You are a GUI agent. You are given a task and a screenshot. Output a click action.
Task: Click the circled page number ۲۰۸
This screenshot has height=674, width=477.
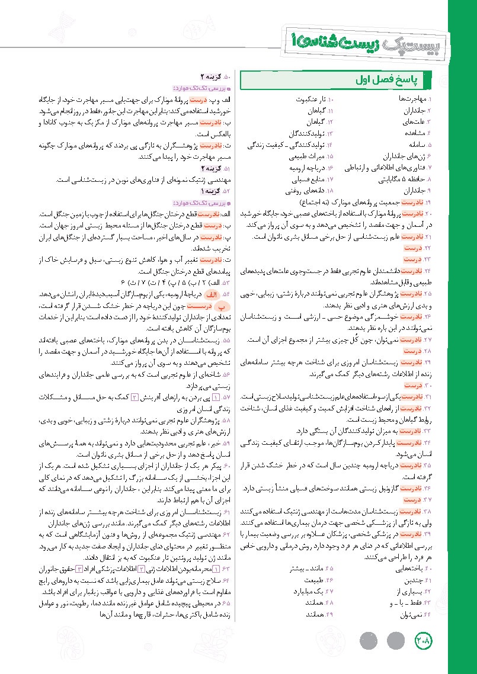tap(424, 641)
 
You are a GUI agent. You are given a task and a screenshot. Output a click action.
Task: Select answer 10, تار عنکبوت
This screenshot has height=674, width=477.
tap(312, 100)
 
